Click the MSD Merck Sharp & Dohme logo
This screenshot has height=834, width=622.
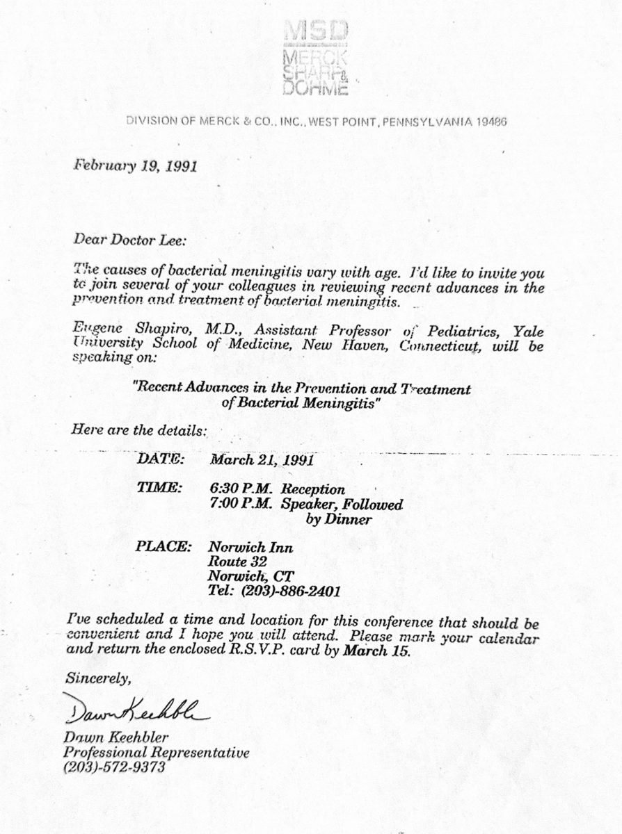[x=315, y=58]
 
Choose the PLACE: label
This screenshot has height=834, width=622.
[x=164, y=547]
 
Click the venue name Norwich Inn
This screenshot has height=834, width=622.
[x=250, y=548]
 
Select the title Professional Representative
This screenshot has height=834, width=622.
[x=156, y=753]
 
